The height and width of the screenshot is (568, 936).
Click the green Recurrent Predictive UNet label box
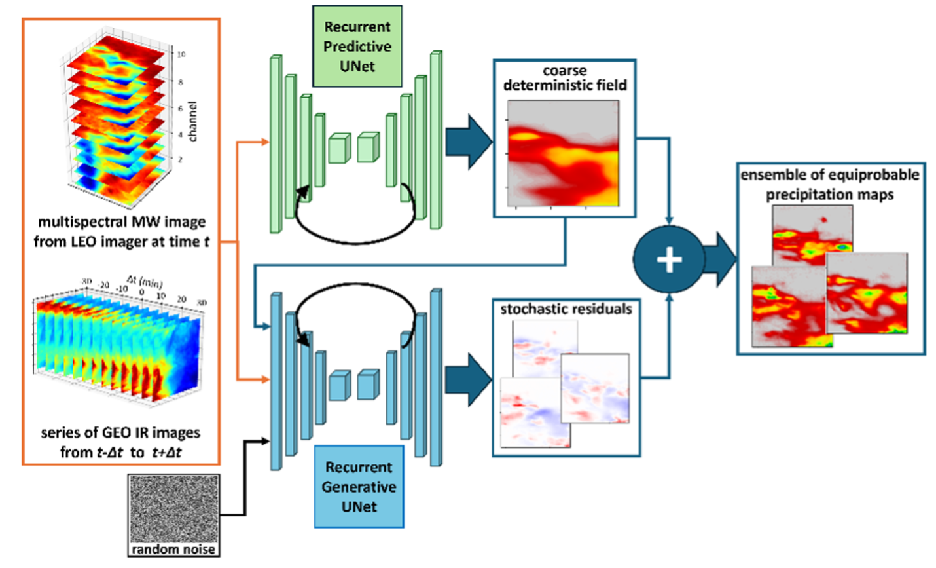pos(357,47)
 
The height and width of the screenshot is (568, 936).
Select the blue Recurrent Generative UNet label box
pos(359,487)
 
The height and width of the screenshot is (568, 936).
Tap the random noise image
pos(173,510)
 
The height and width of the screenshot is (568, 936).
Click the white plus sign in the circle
pos(669,260)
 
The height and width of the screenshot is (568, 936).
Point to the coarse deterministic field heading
pos(564,78)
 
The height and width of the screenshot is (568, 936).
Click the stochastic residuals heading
pos(566,309)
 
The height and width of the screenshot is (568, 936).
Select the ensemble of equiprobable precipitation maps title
pos(830,185)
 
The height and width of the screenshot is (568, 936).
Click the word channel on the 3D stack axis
pos(192,121)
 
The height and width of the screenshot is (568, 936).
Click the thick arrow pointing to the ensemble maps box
pos(720,259)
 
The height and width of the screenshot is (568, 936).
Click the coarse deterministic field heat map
pos(564,153)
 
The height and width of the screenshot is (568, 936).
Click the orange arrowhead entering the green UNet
pos(264,142)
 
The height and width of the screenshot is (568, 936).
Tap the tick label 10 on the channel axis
pos(181,54)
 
